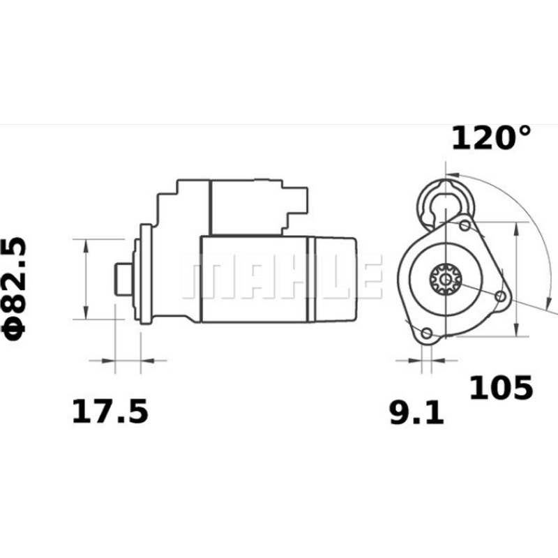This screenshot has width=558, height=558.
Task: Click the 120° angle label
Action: tap(491, 137)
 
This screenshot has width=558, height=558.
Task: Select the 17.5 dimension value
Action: tap(110, 412)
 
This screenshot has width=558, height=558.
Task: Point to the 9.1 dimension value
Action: tap(416, 414)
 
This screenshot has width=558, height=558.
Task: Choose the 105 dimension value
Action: tap(500, 388)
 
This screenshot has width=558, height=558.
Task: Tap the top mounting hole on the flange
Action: tap(465, 226)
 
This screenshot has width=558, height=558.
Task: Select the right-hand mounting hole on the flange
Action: tap(499, 296)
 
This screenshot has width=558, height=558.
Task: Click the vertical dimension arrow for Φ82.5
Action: tap(86, 279)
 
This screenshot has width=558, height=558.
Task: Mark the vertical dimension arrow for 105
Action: tap(516, 279)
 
